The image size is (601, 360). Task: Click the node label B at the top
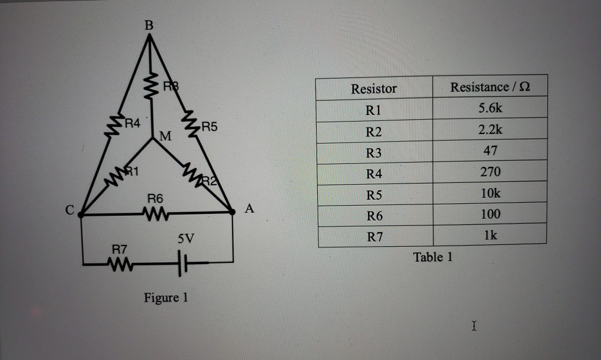tap(148, 26)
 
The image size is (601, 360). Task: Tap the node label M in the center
tap(165, 138)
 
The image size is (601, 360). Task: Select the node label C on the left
tap(70, 210)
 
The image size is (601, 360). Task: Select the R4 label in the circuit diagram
tap(132, 124)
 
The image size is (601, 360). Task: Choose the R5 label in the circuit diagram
tap(210, 126)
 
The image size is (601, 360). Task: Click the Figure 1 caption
tap(166, 297)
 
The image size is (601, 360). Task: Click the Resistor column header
tap(374, 89)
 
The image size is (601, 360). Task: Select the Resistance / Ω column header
tap(490, 88)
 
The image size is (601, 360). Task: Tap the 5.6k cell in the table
tap(490, 109)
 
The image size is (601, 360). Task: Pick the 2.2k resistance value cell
tap(490, 130)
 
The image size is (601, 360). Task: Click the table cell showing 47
tap(490, 151)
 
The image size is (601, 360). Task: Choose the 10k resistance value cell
tap(490, 193)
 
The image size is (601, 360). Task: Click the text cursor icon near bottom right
tap(473, 326)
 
